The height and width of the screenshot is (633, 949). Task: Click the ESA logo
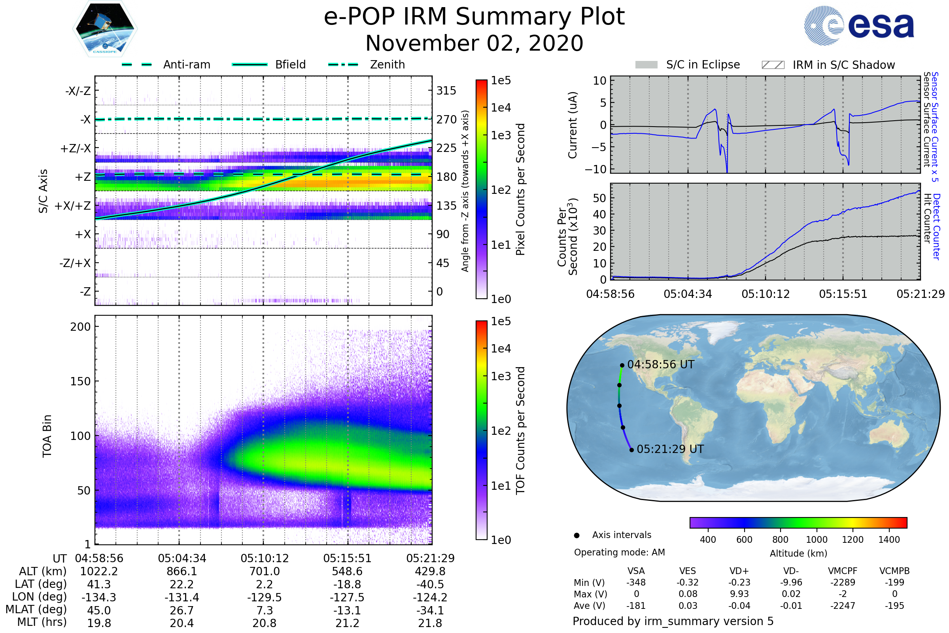click(x=859, y=25)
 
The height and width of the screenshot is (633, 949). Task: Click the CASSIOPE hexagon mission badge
click(x=105, y=28)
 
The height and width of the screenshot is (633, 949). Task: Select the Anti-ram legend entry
click(x=186, y=64)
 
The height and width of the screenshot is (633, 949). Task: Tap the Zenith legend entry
click(x=387, y=64)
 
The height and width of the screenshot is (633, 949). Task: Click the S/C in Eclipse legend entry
click(x=703, y=64)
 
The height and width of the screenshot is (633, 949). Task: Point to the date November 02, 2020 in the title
click(x=474, y=43)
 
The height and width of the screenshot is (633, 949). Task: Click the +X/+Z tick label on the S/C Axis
click(x=73, y=206)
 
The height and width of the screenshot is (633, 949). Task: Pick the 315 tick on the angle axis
click(x=446, y=91)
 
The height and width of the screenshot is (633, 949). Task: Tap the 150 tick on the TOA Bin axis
click(x=80, y=381)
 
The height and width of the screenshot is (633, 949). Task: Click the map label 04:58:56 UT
click(x=660, y=364)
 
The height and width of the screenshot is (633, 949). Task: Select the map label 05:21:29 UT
click(x=670, y=449)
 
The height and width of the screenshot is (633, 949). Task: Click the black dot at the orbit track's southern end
click(x=631, y=450)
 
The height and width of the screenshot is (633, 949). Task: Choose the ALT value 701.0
click(x=264, y=572)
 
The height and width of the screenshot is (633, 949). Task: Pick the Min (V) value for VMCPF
click(x=843, y=582)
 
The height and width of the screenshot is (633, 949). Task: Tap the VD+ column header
click(x=739, y=571)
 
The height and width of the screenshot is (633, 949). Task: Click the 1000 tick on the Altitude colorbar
click(x=817, y=540)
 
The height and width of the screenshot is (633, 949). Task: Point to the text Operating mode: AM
click(x=619, y=552)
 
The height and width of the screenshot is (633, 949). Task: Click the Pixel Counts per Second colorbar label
click(x=520, y=190)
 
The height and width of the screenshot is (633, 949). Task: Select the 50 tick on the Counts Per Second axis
click(x=599, y=198)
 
